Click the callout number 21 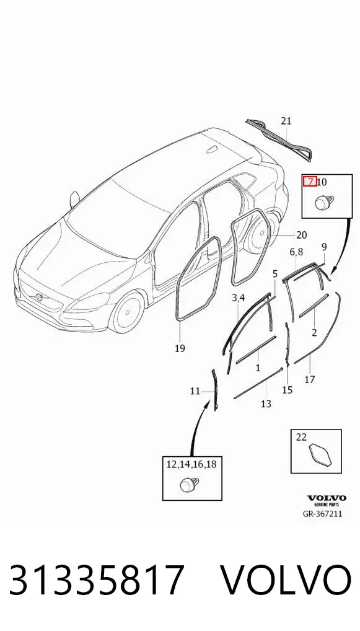(x=286, y=121)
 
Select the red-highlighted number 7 (x=310, y=182)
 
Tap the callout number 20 (x=301, y=235)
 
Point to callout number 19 (x=180, y=348)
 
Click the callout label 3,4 (x=238, y=298)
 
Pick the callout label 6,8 (x=296, y=252)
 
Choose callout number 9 (x=324, y=246)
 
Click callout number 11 (x=195, y=391)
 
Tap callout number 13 (x=266, y=404)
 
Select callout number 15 (x=288, y=389)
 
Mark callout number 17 (x=310, y=379)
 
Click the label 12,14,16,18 (x=191, y=464)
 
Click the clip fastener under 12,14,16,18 (x=188, y=484)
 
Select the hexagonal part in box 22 (x=320, y=455)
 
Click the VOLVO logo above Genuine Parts (x=327, y=498)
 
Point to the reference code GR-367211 (x=323, y=514)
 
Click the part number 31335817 (x=97, y=580)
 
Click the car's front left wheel (x=126, y=312)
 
